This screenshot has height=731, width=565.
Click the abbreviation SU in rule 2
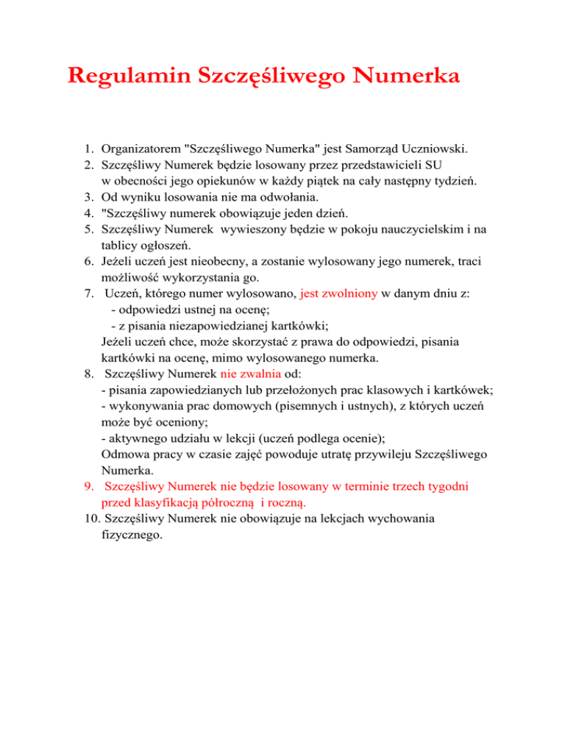coord(433,165)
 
